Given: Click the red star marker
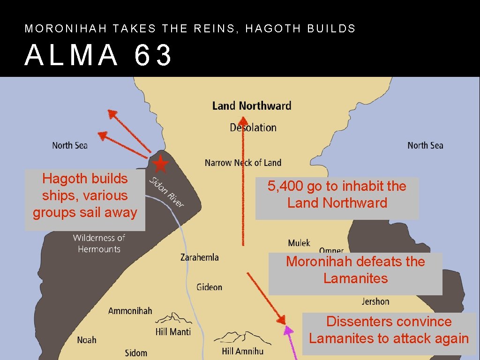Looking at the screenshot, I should [160, 164].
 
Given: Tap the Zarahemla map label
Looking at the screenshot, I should [199, 257].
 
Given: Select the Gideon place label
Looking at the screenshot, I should [209, 287].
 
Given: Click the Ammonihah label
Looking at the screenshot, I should [130, 311].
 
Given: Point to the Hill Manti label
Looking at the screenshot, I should [173, 332].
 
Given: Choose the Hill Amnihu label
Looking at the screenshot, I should [242, 351].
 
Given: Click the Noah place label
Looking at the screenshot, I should [87, 340].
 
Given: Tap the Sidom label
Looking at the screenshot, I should [136, 352].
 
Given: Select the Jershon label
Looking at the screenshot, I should [375, 301].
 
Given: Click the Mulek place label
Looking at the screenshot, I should [299, 243].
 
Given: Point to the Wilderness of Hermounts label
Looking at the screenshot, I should [99, 243].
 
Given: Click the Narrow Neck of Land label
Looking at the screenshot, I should [243, 163].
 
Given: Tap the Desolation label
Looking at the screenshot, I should [253, 127].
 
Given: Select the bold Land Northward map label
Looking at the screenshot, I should [252, 106].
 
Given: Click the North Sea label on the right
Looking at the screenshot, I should [425, 145].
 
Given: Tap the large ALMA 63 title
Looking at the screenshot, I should [99, 55].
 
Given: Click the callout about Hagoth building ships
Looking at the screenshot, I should [85, 195].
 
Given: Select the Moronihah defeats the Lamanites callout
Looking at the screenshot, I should [355, 270].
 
